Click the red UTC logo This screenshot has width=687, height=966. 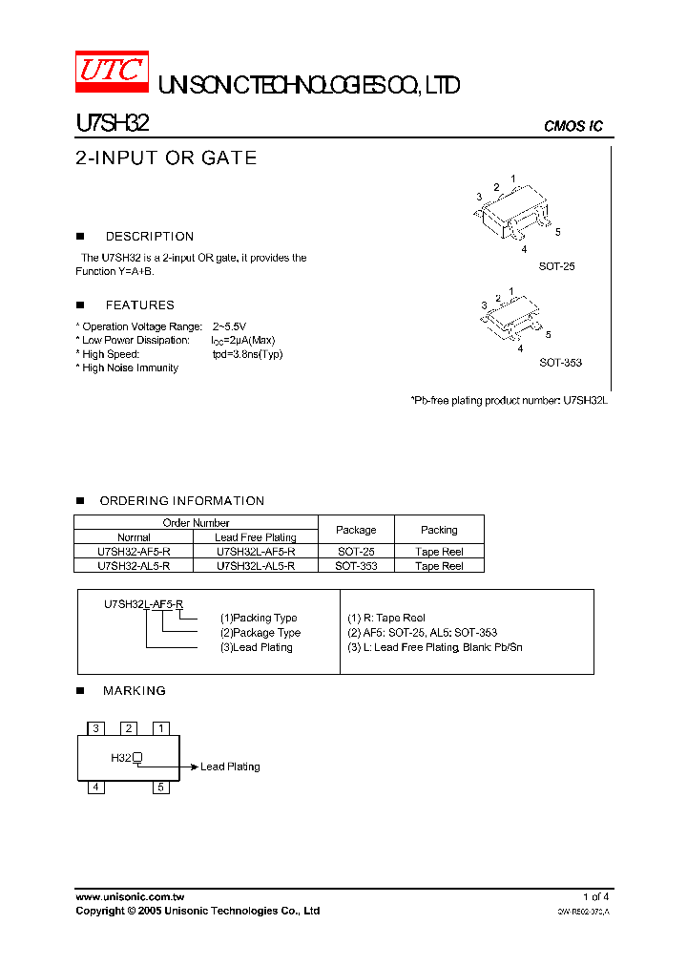coord(112,71)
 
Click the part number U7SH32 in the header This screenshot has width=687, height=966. coord(112,123)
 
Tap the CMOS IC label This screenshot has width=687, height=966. coord(572,126)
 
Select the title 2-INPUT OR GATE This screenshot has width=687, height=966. coord(166,157)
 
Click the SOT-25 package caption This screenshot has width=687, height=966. coord(556,266)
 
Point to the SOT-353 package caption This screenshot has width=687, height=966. coord(560,363)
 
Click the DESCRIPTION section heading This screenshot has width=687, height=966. coord(149,236)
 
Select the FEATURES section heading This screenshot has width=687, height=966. coord(139,305)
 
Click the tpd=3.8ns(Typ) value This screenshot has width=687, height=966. coord(247,354)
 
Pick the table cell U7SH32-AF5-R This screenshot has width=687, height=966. coord(134,552)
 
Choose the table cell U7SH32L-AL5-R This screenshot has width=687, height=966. coord(256,566)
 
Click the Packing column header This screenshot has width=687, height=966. coord(439,530)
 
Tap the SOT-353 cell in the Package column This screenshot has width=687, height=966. coord(356,566)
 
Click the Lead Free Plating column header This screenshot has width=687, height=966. coord(256,537)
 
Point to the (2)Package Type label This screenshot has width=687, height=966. coord(260,633)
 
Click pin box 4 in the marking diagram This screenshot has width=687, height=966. coord(96,787)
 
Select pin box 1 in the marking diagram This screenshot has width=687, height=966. coord(161,728)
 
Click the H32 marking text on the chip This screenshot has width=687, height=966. coord(121,758)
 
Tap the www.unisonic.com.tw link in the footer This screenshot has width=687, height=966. coord(130,897)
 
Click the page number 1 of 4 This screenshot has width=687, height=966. coord(595,897)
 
